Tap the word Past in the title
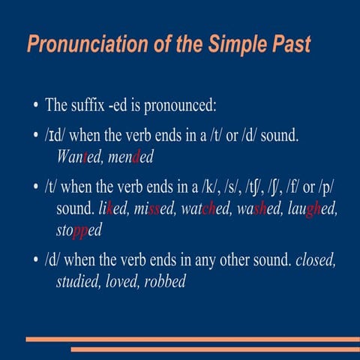click(289, 43)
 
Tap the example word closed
click(316, 262)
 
